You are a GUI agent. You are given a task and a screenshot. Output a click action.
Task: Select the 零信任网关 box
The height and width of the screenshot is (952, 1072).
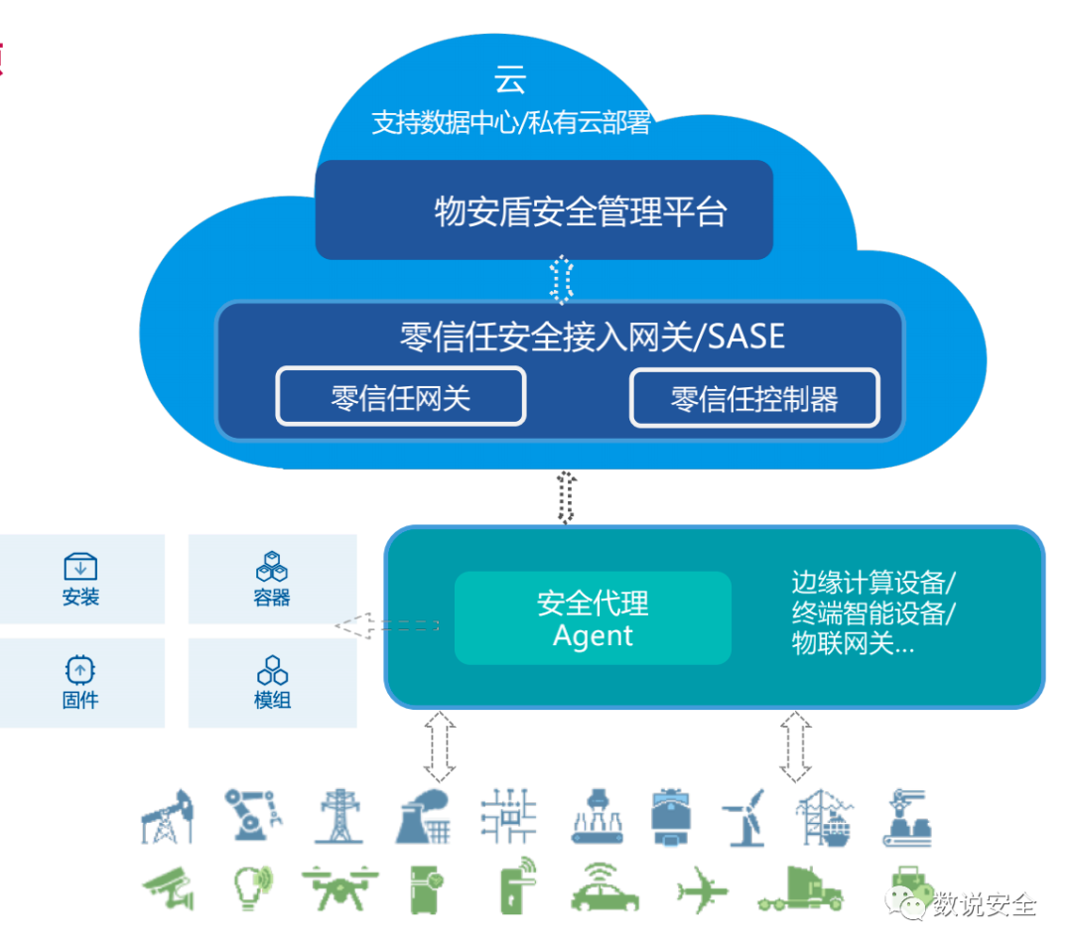[x=400, y=398]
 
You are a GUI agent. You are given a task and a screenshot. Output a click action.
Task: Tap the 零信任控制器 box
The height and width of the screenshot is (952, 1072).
[x=754, y=398]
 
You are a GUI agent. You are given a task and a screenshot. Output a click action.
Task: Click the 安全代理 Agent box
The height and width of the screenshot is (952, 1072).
[x=593, y=617]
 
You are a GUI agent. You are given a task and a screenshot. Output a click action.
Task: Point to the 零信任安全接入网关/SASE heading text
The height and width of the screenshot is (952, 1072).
[x=592, y=337]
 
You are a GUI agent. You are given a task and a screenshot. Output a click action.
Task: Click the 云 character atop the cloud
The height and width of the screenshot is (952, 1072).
[x=510, y=79]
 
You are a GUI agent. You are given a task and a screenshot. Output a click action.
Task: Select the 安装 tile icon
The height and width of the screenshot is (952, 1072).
[x=80, y=567]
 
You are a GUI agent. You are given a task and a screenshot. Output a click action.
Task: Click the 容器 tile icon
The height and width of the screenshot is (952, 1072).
[x=271, y=567]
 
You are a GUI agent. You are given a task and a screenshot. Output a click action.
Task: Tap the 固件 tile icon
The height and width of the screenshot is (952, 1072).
[x=80, y=669]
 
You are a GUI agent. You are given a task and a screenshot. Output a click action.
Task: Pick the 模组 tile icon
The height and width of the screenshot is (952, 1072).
[x=271, y=669]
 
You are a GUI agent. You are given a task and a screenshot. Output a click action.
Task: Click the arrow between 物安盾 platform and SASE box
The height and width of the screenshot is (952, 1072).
[x=562, y=280]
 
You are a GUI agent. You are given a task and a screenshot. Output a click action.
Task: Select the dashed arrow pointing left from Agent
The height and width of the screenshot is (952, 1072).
[x=387, y=626]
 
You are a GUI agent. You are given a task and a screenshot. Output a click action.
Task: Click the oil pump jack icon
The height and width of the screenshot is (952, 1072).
[x=167, y=817]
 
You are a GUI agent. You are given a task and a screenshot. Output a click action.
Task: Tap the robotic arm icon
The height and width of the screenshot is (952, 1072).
[x=250, y=817]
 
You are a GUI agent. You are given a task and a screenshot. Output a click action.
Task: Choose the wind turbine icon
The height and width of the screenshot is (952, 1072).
[x=744, y=817]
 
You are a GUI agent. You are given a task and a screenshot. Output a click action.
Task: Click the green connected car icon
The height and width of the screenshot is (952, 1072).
[x=604, y=886]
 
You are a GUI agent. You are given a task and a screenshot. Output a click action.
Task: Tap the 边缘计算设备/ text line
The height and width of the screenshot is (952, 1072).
[x=873, y=581]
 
